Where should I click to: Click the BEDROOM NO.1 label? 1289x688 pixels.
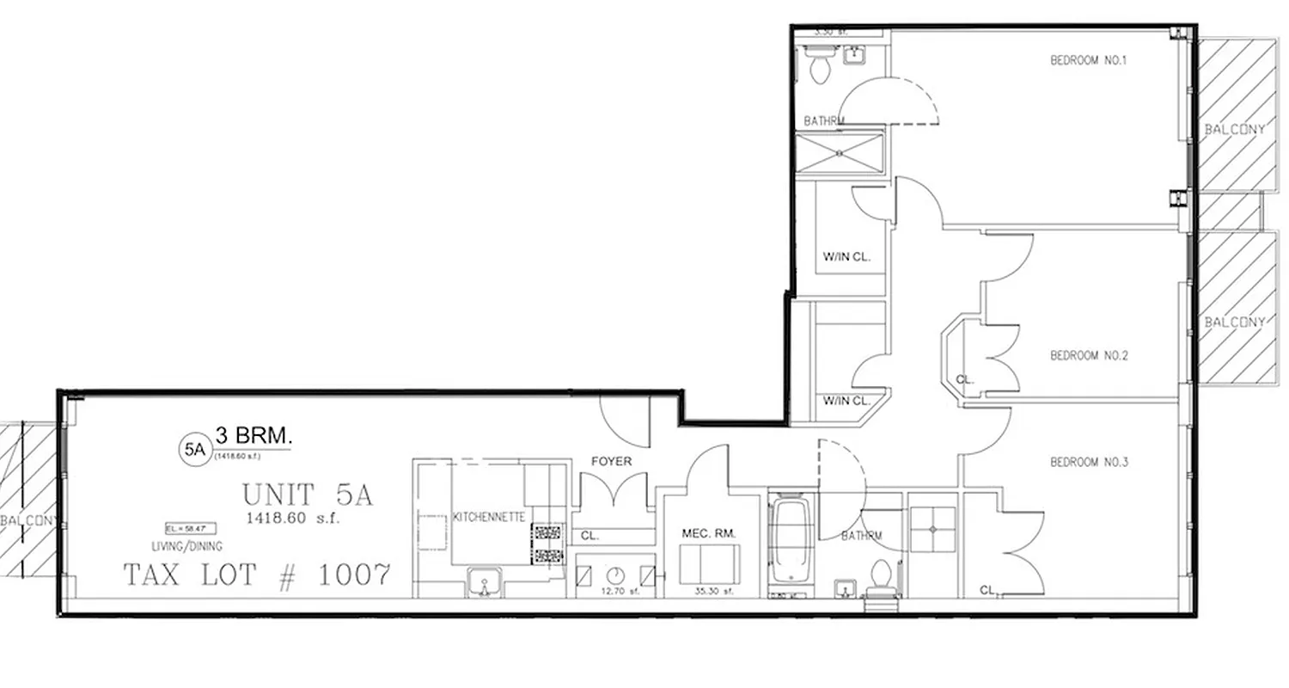pos(1088,60)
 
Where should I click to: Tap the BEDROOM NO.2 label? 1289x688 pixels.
pos(1088,355)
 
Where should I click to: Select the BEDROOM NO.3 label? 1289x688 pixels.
pos(1089,463)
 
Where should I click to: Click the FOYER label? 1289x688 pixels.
pos(611,462)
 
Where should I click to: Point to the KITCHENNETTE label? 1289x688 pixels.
pos(489,517)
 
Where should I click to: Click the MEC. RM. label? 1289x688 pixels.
pos(710,533)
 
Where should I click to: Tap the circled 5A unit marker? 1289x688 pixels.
pos(193,448)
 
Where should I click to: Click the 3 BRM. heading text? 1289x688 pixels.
pos(254,436)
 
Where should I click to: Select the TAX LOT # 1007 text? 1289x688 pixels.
pos(258,574)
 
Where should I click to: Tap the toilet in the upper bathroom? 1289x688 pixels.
pos(818,65)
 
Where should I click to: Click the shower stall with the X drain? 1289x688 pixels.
pos(840,154)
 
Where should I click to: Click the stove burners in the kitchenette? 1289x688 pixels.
pos(546,544)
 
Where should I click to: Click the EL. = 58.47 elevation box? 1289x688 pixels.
pos(191,528)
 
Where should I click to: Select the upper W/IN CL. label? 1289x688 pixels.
pos(847,255)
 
